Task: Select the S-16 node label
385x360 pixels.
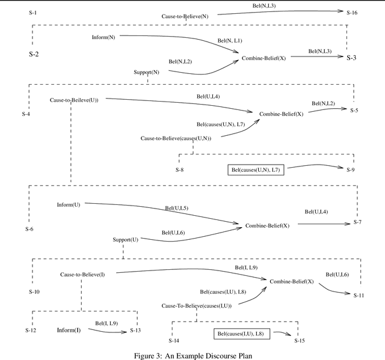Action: [351, 12]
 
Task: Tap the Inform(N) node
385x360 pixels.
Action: [103, 37]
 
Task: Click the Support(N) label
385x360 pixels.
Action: [146, 72]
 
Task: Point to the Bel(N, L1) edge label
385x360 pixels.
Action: [229, 41]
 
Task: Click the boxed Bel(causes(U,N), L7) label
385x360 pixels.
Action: [256, 170]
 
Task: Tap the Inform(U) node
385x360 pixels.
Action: [68, 205]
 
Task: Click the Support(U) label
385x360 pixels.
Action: [126, 239]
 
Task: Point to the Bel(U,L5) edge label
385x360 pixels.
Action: [177, 209]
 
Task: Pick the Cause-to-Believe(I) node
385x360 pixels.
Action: [82, 275]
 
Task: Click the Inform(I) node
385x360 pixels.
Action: [69, 330]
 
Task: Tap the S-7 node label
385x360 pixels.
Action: [357, 222]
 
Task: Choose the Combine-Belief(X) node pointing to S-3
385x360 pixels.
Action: [264, 58]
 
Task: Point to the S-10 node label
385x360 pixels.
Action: [34, 291]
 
